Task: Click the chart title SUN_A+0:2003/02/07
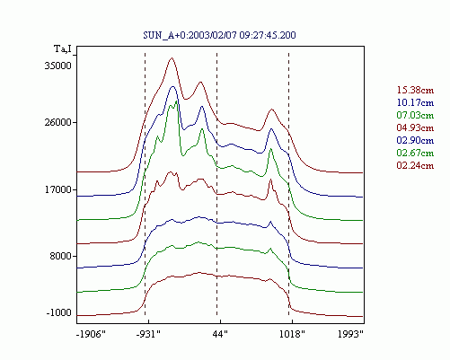click(x=190, y=35)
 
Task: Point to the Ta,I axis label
click(x=63, y=48)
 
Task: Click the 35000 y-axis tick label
click(x=58, y=66)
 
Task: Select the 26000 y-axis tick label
click(x=58, y=122)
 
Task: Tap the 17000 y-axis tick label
click(x=58, y=189)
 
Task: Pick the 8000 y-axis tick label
click(x=61, y=256)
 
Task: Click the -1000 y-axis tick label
click(x=59, y=312)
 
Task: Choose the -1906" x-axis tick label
click(x=91, y=334)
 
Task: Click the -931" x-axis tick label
click(x=148, y=334)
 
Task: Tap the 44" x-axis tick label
click(x=220, y=334)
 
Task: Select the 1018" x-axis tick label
click(x=292, y=334)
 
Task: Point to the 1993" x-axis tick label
click(x=350, y=334)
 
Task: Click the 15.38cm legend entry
click(x=415, y=90)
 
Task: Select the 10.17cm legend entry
click(x=415, y=102)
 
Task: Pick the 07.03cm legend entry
click(x=415, y=115)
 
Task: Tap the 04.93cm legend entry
click(x=415, y=127)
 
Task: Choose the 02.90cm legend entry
click(x=415, y=140)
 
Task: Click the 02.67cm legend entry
click(x=415, y=153)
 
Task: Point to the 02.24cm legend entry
click(x=415, y=165)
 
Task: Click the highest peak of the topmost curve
click(x=172, y=58)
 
